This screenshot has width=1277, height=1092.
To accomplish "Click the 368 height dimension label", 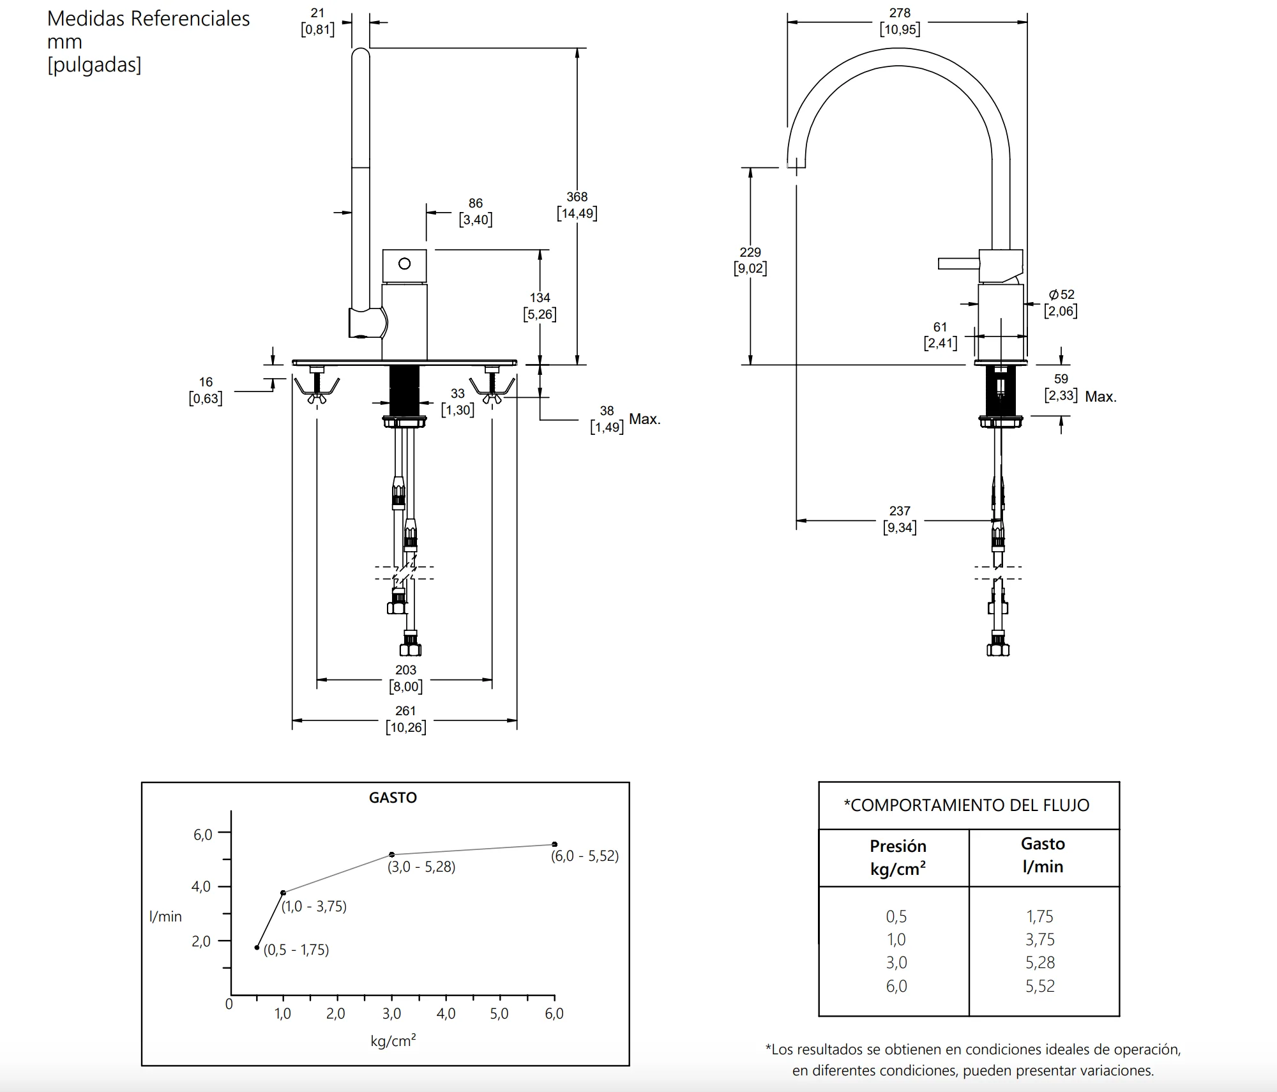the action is pos(577,205).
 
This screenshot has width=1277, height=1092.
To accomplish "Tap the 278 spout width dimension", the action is pos(900,21).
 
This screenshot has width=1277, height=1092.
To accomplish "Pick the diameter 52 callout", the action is pos(1061,303).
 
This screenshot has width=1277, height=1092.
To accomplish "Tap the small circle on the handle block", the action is pos(404,263).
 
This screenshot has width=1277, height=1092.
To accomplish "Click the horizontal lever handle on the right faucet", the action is pos(959,263).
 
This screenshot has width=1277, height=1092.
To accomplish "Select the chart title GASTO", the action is pos(393,798).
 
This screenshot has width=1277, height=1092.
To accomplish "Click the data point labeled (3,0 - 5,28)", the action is pos(392,854).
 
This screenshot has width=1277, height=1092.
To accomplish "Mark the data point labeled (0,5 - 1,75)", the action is pos(257,948).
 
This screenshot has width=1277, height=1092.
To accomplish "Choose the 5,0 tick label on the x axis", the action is pos(499,1013).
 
